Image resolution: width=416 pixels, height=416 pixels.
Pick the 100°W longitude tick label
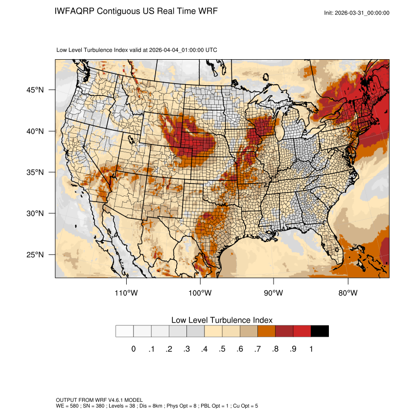pos(200,293)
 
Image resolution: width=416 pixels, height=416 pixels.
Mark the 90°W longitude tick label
pos(274,293)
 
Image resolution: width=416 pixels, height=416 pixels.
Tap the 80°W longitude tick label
pos(348,293)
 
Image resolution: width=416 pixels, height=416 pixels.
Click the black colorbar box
pos(320,331)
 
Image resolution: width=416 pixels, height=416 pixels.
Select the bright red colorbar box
pos(302,331)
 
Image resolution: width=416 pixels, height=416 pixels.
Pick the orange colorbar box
pos(267,331)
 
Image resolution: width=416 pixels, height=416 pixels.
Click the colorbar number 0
pos(133,349)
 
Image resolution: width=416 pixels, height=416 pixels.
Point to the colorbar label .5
pos(222,349)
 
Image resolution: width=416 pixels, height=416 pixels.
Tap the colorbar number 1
pos(311,349)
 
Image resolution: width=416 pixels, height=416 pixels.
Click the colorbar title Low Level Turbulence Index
pos(222,320)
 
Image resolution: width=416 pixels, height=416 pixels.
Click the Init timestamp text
pos(357,13)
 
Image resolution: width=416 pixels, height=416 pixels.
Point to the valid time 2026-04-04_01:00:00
pos(177,50)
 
